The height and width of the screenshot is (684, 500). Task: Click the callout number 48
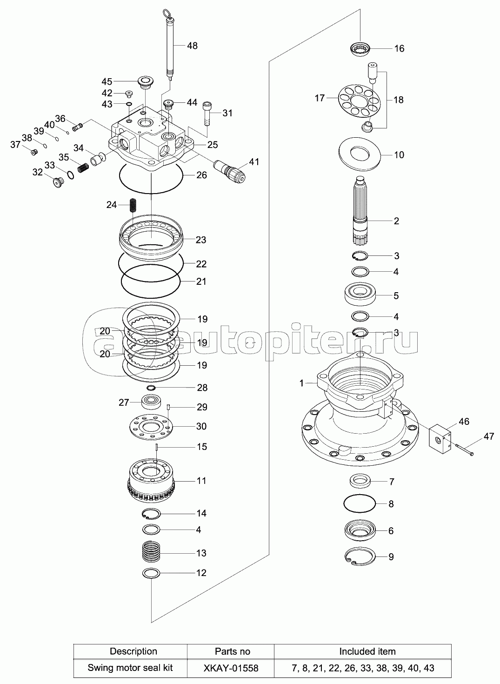point(192,46)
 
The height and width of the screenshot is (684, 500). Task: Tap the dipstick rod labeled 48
point(170,46)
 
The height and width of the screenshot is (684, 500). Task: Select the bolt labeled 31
point(207,113)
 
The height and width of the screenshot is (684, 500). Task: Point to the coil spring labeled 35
point(83,168)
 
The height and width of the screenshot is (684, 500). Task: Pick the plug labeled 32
point(58,183)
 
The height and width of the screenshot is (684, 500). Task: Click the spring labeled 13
point(152,553)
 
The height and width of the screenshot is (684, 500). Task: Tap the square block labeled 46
point(440,440)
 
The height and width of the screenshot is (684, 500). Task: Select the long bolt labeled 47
point(464,449)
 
